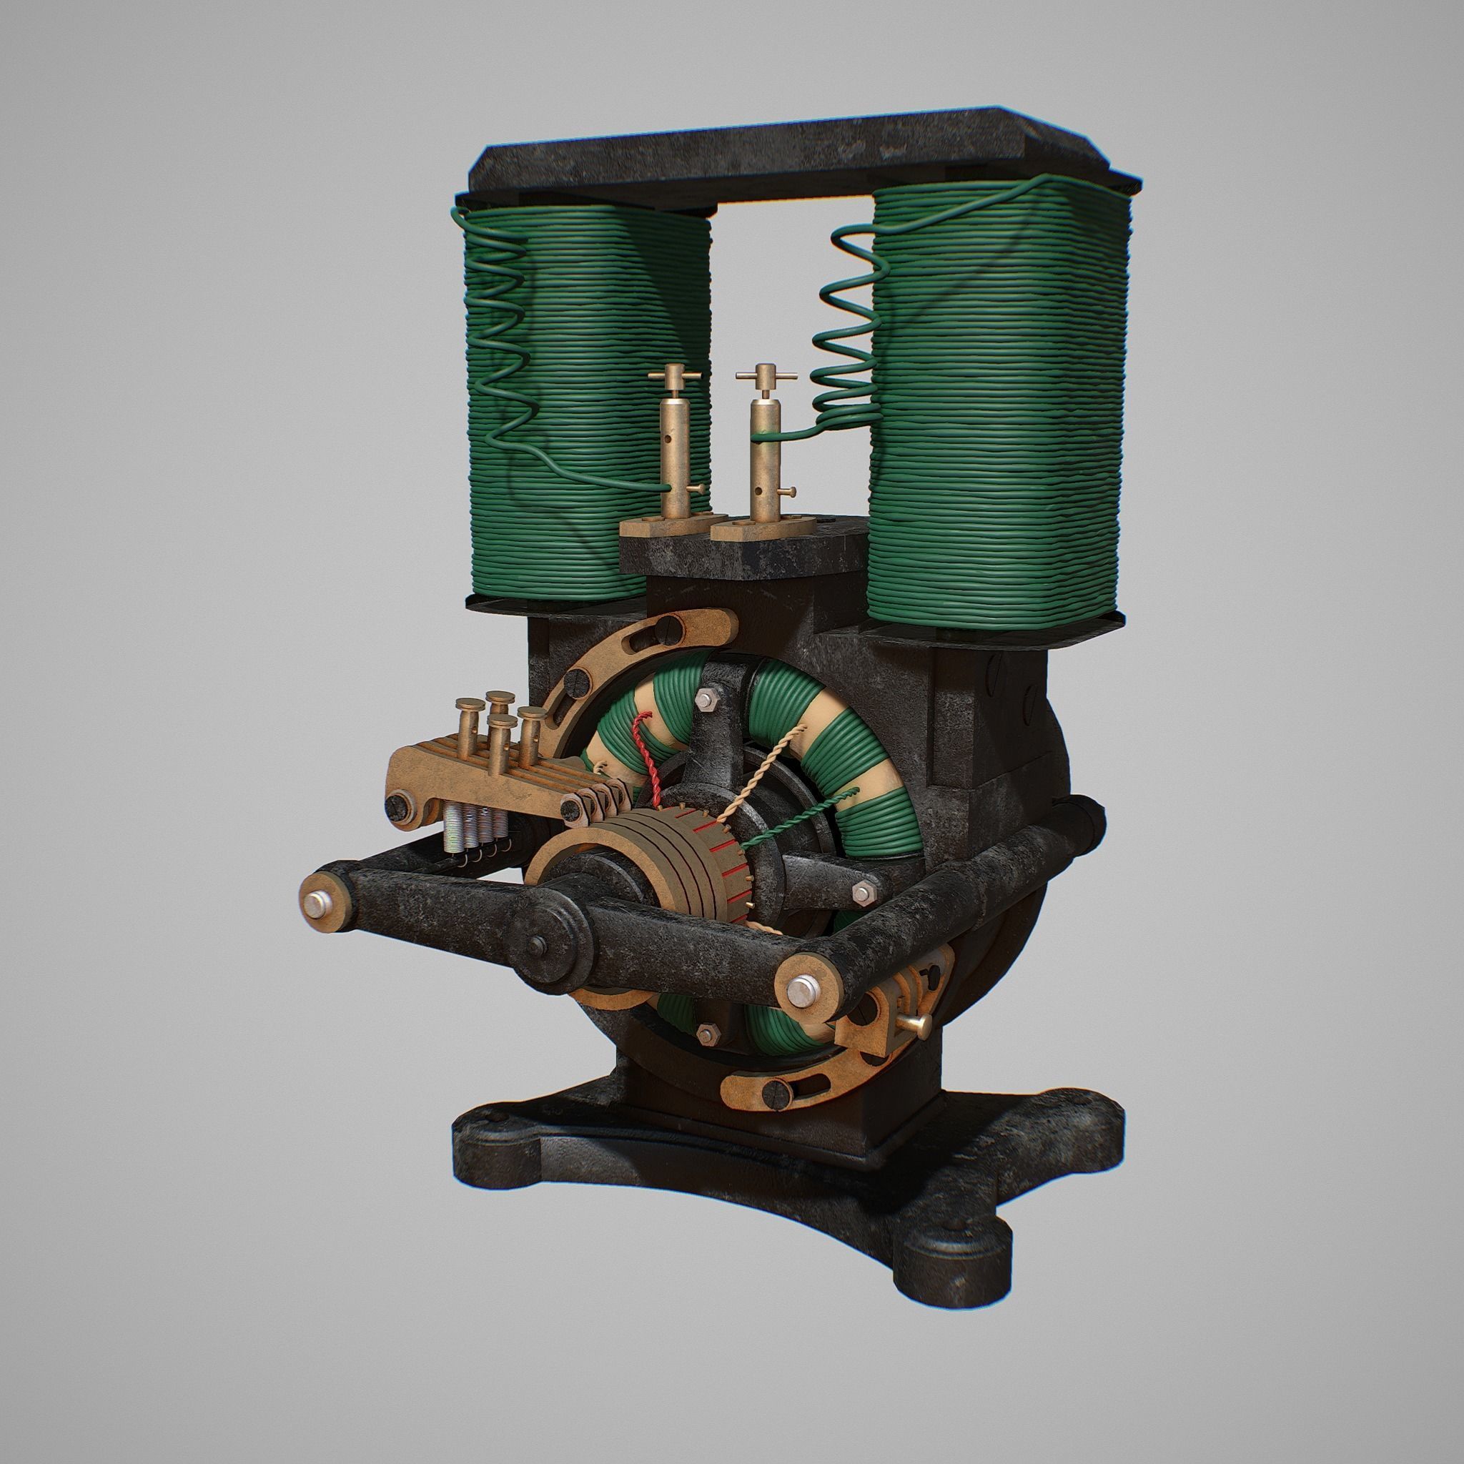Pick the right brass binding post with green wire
pos(760,447)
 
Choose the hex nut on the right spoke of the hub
pos(861,892)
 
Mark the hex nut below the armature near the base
pos(709,1032)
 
